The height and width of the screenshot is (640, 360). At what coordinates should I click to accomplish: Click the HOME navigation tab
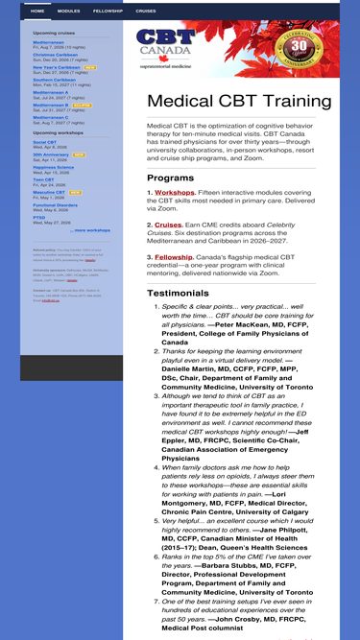click(37, 12)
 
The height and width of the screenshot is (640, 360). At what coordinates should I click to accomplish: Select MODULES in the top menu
click(69, 12)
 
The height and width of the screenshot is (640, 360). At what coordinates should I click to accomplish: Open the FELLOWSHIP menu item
click(108, 12)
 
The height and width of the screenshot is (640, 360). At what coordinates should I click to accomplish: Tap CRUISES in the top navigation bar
click(146, 12)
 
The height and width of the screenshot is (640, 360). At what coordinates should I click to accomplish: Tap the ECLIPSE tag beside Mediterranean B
click(83, 106)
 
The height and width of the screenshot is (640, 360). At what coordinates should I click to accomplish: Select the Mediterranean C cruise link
click(51, 118)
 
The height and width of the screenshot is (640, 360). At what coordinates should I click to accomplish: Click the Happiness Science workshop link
click(53, 167)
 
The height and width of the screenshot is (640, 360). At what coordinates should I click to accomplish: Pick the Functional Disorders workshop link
click(56, 204)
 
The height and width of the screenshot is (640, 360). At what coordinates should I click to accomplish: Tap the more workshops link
click(92, 230)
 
